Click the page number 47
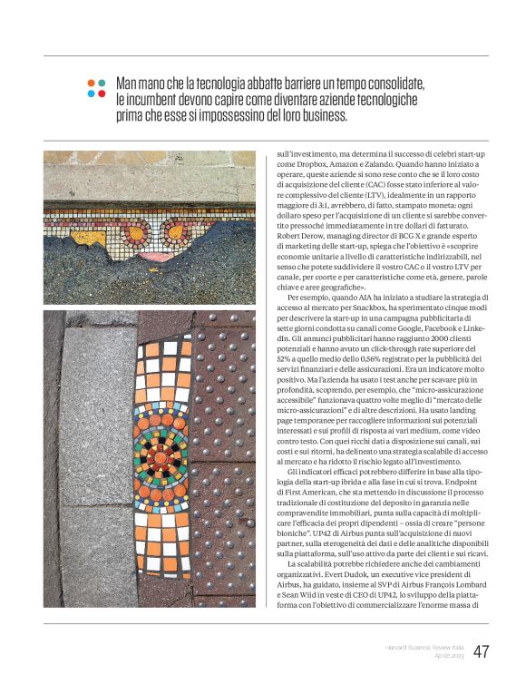point(481,651)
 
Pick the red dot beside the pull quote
point(102,93)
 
